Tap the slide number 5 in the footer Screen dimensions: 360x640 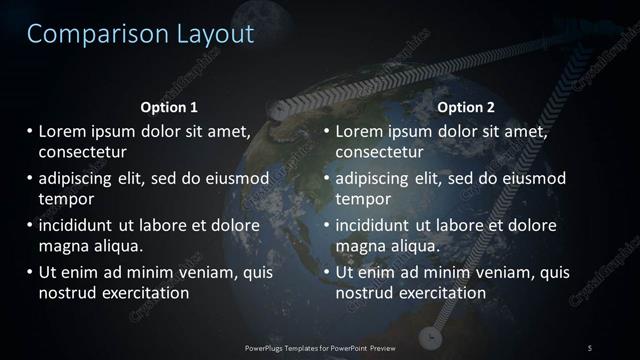coord(590,347)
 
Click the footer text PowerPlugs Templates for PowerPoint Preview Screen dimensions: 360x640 coord(319,347)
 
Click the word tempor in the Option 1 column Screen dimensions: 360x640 coord(64,199)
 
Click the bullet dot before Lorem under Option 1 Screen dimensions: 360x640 coord(29,131)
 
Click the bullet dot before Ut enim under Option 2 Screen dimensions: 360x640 coord(327,271)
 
